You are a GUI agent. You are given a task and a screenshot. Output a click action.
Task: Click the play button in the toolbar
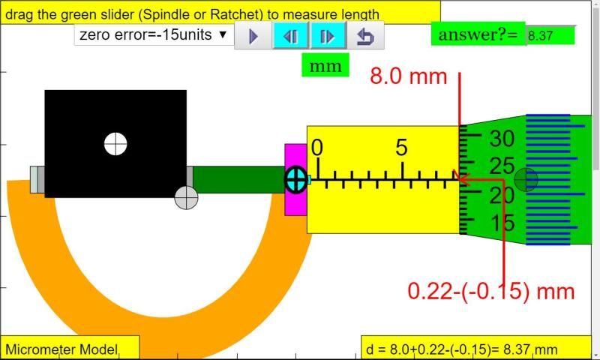click(x=253, y=36)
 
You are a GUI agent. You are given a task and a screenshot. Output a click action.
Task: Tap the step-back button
click(x=290, y=36)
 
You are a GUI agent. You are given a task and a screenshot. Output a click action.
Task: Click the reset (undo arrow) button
click(x=365, y=36)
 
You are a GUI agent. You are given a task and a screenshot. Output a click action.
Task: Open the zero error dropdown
click(x=154, y=34)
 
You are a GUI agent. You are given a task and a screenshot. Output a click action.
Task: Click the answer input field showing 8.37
click(x=550, y=34)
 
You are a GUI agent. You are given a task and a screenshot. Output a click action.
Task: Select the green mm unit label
click(x=325, y=66)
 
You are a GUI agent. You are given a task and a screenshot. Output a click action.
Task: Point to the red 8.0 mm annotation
click(x=409, y=76)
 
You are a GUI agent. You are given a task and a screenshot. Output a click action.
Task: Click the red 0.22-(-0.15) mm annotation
click(x=491, y=291)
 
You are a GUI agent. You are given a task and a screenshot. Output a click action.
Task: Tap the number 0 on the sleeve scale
click(x=316, y=148)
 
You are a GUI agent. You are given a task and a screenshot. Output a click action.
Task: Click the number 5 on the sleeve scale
click(x=402, y=148)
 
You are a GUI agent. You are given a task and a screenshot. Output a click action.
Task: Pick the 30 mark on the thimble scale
click(x=502, y=139)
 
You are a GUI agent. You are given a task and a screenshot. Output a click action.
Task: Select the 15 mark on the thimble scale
click(x=502, y=223)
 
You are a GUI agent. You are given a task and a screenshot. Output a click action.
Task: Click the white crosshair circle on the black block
click(x=115, y=143)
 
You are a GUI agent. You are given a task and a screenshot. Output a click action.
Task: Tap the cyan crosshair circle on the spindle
click(x=295, y=179)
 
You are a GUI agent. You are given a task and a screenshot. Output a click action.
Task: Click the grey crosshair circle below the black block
click(x=186, y=198)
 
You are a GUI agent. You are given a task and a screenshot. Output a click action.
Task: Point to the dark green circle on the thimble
click(x=526, y=179)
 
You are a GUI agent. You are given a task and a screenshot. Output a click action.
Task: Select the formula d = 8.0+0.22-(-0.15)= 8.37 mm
click(x=462, y=349)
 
